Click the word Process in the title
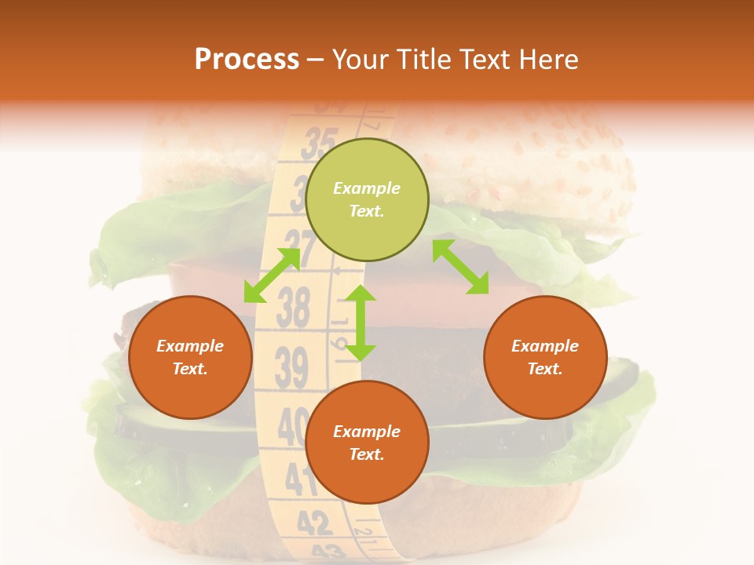pyautogui.click(x=247, y=60)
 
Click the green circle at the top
pyautogui.click(x=367, y=199)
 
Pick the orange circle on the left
pyautogui.click(x=190, y=357)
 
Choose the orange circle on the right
pyautogui.click(x=545, y=357)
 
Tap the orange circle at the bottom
pyautogui.click(x=367, y=443)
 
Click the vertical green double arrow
pyautogui.click(x=361, y=323)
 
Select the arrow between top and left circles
pyautogui.click(x=272, y=275)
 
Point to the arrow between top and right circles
pyautogui.click(x=460, y=267)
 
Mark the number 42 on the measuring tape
pyautogui.click(x=314, y=522)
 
